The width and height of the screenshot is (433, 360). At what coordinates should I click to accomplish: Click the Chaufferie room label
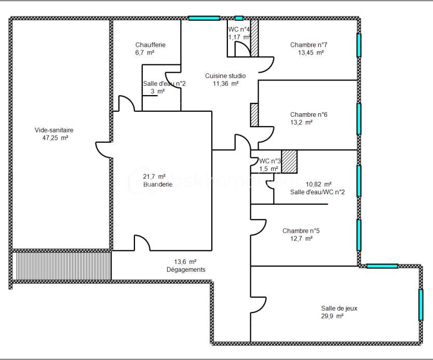(150, 45)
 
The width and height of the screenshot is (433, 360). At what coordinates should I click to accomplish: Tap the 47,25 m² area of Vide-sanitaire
(55, 138)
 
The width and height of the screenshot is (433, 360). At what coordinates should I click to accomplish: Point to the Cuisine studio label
(225, 76)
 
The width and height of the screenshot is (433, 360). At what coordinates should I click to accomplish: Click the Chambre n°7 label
(309, 45)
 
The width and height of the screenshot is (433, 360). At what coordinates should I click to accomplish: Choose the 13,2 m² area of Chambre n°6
(301, 123)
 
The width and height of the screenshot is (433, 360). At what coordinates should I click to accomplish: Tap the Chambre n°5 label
(301, 231)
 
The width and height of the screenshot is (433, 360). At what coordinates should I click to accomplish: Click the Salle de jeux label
(339, 309)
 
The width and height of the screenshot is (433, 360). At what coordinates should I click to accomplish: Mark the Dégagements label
(186, 270)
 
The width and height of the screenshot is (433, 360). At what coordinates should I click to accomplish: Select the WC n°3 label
(270, 161)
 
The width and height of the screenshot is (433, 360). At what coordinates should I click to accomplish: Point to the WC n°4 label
(239, 29)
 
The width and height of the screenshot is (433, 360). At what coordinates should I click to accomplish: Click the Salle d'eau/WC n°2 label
(317, 192)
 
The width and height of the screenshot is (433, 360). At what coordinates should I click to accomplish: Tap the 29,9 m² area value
(332, 316)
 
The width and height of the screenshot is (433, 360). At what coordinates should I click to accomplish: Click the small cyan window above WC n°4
(239, 18)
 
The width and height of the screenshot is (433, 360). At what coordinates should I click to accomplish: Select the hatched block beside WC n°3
(289, 162)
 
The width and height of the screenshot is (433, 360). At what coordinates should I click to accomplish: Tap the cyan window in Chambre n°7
(359, 45)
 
